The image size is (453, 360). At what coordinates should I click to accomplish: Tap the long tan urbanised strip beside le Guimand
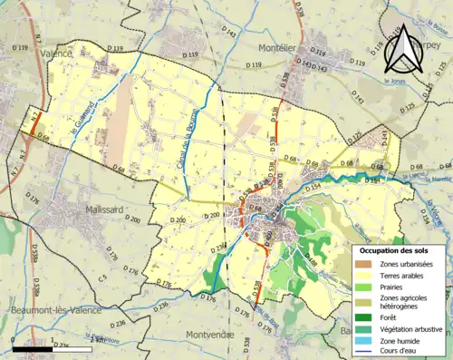(x=125, y=109)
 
